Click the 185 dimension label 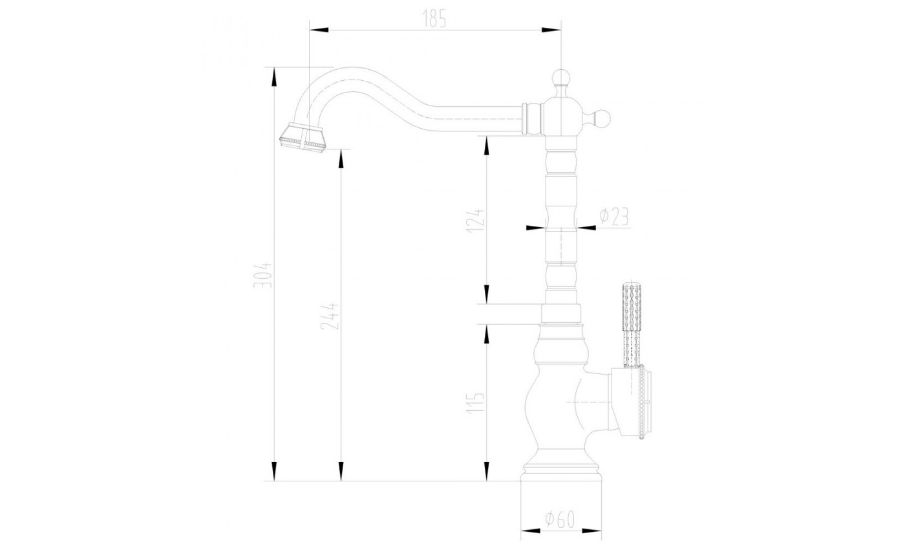pyautogui.click(x=434, y=19)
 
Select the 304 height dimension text pyautogui.click(x=263, y=275)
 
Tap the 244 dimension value pyautogui.click(x=330, y=316)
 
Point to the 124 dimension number pyautogui.click(x=475, y=221)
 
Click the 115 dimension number pyautogui.click(x=475, y=402)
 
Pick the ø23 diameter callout pyautogui.click(x=615, y=217)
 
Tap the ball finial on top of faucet pyautogui.click(x=561, y=78)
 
